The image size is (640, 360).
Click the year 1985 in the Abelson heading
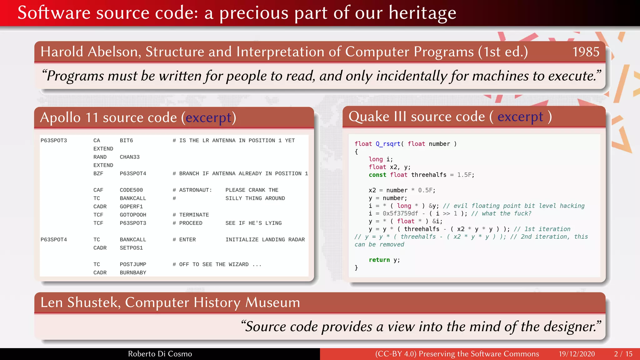click(586, 52)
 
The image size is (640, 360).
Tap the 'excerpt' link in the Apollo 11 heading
click(208, 118)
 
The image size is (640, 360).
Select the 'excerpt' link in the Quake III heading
click(520, 117)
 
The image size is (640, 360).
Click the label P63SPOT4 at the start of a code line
click(54, 240)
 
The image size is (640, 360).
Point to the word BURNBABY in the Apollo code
click(133, 272)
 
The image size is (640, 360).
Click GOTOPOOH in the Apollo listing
click(133, 215)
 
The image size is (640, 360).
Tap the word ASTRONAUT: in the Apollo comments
click(195, 190)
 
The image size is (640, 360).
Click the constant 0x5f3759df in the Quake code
click(400, 213)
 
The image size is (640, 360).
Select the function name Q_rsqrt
click(388, 144)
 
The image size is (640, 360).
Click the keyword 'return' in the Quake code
click(379, 260)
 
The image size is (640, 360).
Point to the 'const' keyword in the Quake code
click(377, 175)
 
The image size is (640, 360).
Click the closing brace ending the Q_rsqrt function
click(356, 267)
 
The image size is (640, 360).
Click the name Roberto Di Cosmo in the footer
click(160, 354)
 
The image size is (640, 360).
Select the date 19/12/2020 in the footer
click(577, 354)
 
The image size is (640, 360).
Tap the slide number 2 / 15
click(623, 354)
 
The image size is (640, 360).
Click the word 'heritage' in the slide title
click(422, 13)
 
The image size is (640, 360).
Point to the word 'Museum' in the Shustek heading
click(272, 302)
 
